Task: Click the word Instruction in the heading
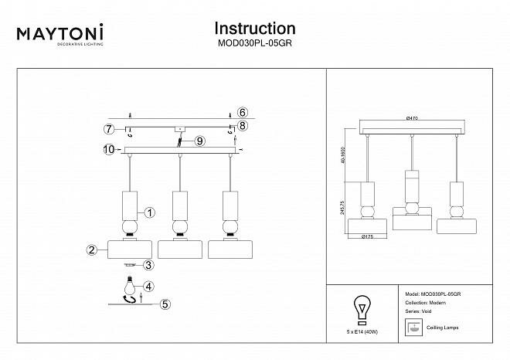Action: (x=254, y=29)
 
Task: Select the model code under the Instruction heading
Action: (x=254, y=44)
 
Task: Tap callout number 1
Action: (x=150, y=212)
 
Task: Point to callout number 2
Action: (x=91, y=250)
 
